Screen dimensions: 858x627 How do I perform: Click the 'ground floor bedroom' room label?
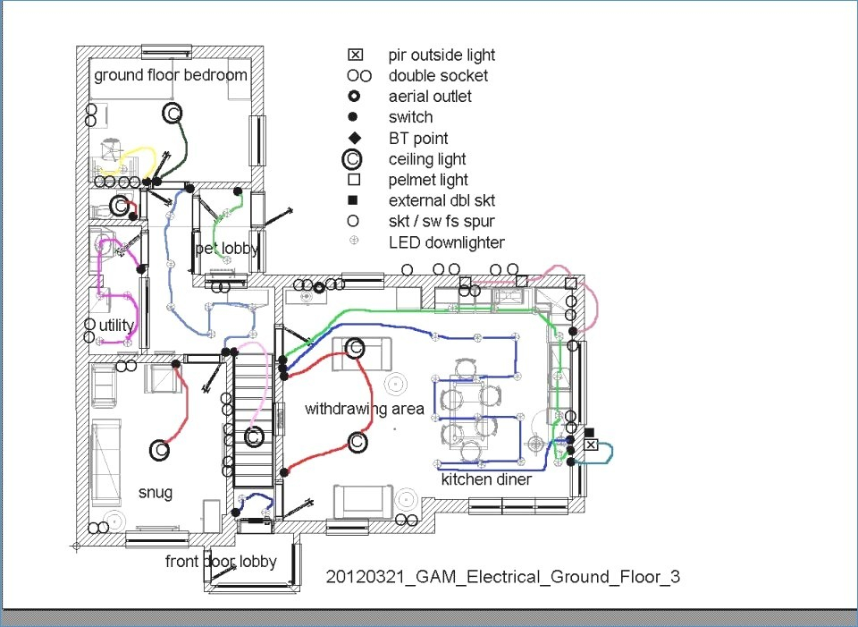(x=171, y=75)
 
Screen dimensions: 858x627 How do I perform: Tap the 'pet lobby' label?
(x=227, y=250)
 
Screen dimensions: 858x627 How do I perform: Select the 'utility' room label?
(x=116, y=326)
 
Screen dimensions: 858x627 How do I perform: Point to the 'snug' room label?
(x=156, y=492)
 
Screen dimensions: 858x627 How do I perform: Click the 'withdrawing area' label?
(x=365, y=409)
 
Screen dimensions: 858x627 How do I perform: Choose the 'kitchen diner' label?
(x=486, y=479)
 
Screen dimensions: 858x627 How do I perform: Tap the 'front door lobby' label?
(x=221, y=562)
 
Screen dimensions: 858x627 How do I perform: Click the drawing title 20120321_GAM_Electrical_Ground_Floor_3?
(x=503, y=577)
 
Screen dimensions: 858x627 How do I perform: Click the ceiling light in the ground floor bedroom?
(x=172, y=114)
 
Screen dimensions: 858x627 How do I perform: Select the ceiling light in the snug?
(x=160, y=450)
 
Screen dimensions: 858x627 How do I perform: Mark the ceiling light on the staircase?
(x=253, y=437)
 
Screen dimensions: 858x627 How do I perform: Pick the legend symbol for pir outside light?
(x=355, y=55)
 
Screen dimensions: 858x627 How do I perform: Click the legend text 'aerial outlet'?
(x=430, y=97)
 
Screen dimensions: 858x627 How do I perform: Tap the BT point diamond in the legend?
(x=355, y=138)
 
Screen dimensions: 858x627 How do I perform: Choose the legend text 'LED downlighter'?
(x=447, y=242)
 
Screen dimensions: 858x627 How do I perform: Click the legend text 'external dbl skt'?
(x=442, y=201)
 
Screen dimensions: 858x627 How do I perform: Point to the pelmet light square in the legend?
(x=354, y=180)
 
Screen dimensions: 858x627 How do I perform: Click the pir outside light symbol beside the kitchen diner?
(x=591, y=445)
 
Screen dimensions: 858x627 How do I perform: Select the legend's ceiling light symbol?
(x=352, y=159)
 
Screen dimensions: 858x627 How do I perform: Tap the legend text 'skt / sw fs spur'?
(x=442, y=222)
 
